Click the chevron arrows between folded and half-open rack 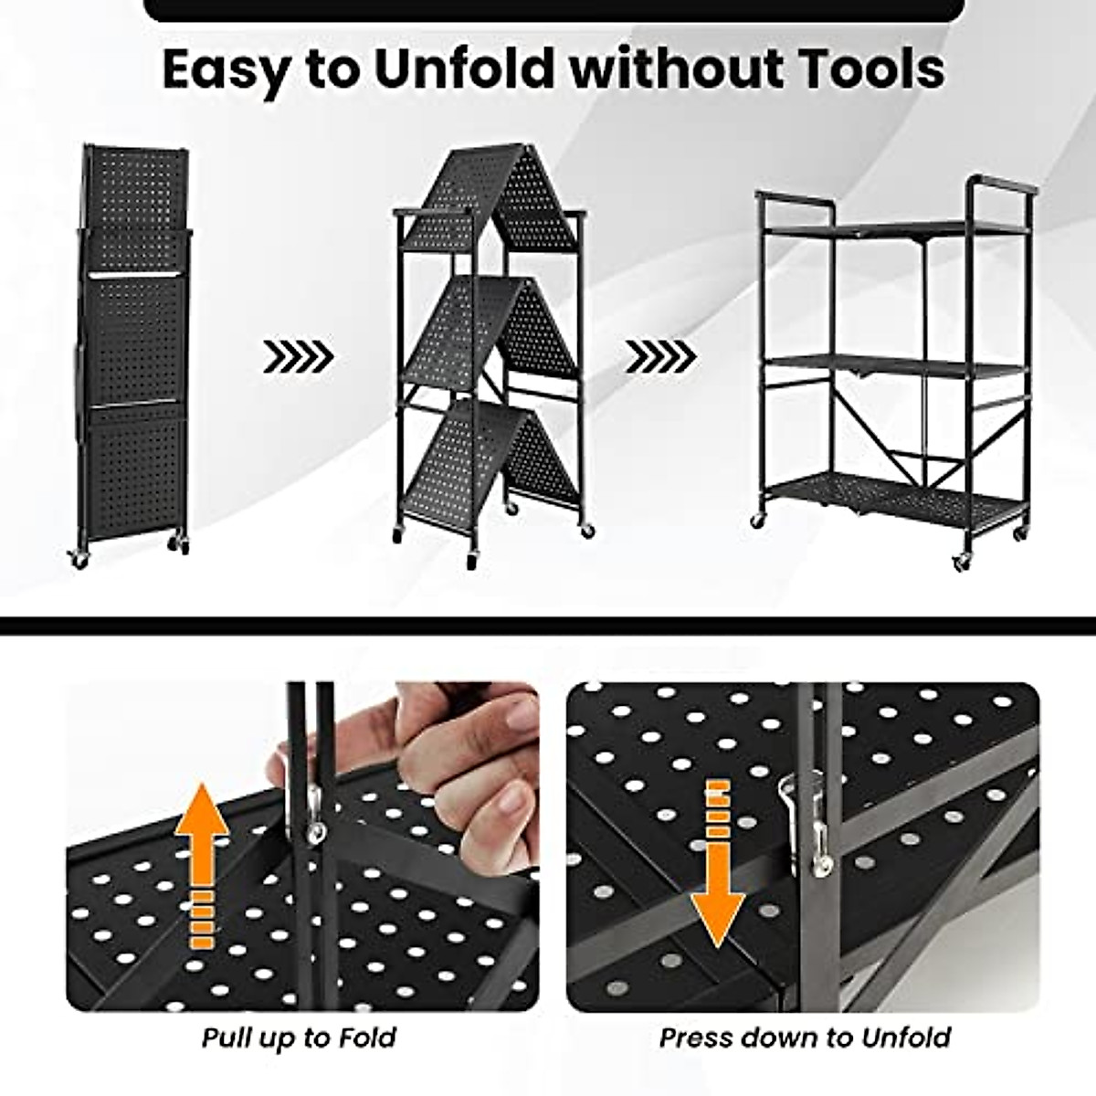pyautogui.click(x=299, y=357)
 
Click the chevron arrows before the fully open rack pyautogui.click(x=660, y=357)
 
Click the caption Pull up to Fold pyautogui.click(x=299, y=1038)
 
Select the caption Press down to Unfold pyautogui.click(x=805, y=1038)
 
